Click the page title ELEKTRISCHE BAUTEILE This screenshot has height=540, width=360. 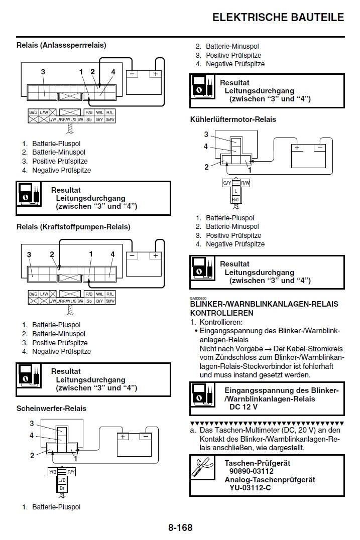(278, 17)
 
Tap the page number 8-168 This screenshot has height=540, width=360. (180, 527)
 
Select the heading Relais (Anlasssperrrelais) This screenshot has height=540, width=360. (61, 45)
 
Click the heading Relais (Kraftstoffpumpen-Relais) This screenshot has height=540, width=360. (73, 227)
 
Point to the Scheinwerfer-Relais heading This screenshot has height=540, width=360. (51, 409)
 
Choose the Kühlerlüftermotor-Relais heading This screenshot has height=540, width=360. (233, 119)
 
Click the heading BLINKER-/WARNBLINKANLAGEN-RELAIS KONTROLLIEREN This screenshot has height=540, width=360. (264, 308)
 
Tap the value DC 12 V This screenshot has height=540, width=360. (243, 407)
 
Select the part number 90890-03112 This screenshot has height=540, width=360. (251, 471)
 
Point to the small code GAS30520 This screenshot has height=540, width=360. (198, 299)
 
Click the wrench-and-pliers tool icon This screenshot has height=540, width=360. (203, 467)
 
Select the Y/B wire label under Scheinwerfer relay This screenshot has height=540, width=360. (53, 472)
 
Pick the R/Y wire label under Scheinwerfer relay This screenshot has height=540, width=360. (71, 472)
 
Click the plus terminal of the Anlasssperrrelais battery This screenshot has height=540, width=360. (156, 74)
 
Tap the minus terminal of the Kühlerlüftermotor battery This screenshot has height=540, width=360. (319, 148)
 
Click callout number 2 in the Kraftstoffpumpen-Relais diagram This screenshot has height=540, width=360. (52, 254)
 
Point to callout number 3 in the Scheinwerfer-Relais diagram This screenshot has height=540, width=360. (32, 424)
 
